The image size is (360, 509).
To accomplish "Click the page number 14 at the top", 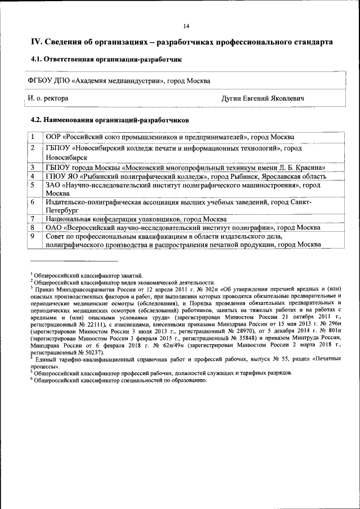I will pyautogui.click(x=186, y=25).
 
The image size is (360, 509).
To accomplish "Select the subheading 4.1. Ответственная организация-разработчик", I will pyautogui.click(x=106, y=58).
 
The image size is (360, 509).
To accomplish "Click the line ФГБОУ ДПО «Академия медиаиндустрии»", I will pyautogui.click(x=119, y=81).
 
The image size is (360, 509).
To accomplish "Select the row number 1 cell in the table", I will pyautogui.click(x=33, y=137).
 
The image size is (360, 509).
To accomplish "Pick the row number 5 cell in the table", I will pyautogui.click(x=33, y=184).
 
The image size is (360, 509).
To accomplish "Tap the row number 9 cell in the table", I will pyautogui.click(x=33, y=236).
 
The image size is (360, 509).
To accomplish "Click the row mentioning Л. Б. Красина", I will pyautogui.click(x=186, y=168).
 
